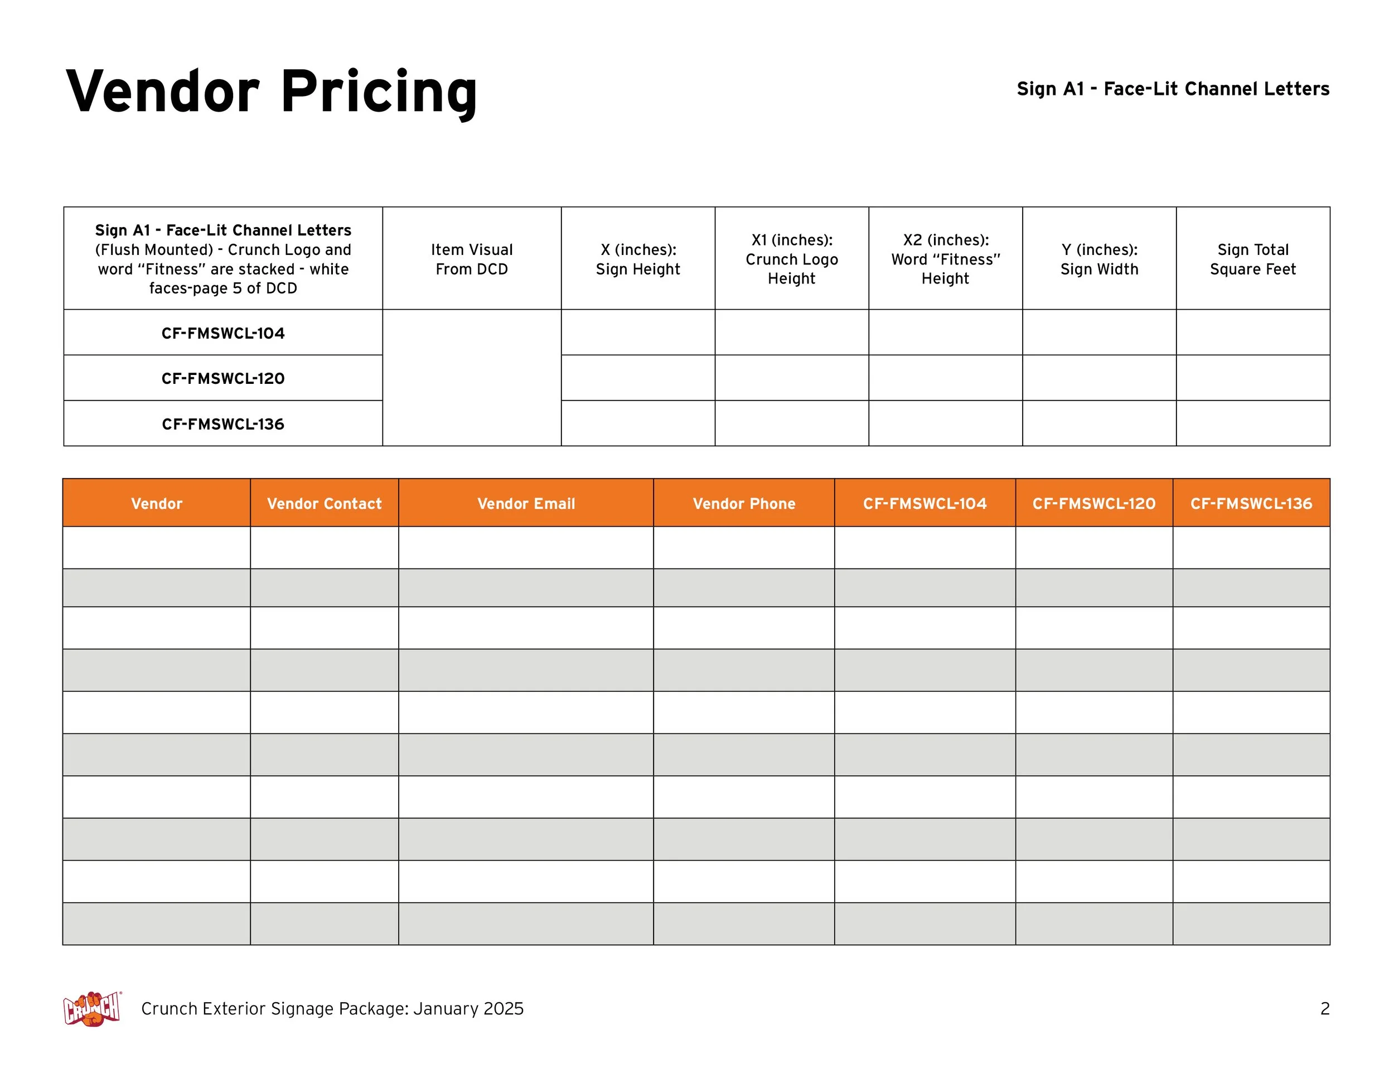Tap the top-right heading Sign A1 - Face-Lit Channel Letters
click(x=1173, y=89)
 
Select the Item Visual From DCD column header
click(x=472, y=259)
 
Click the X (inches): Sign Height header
click(x=638, y=259)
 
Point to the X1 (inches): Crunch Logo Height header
click(x=791, y=259)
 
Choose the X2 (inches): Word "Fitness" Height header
click(x=945, y=259)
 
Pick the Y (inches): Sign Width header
click(x=1099, y=259)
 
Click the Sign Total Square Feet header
click(x=1253, y=259)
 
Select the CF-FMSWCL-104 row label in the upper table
click(x=222, y=333)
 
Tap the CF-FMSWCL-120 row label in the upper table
click(x=222, y=379)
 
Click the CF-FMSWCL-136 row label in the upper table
click(x=222, y=424)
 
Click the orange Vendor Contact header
click(x=325, y=504)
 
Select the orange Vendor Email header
click(x=526, y=504)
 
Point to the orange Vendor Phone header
click(x=744, y=504)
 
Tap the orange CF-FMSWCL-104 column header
click(x=925, y=504)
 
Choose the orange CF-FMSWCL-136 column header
click(x=1251, y=504)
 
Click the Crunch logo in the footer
click(x=92, y=1008)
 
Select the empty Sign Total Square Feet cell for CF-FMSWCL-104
click(x=1253, y=333)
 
